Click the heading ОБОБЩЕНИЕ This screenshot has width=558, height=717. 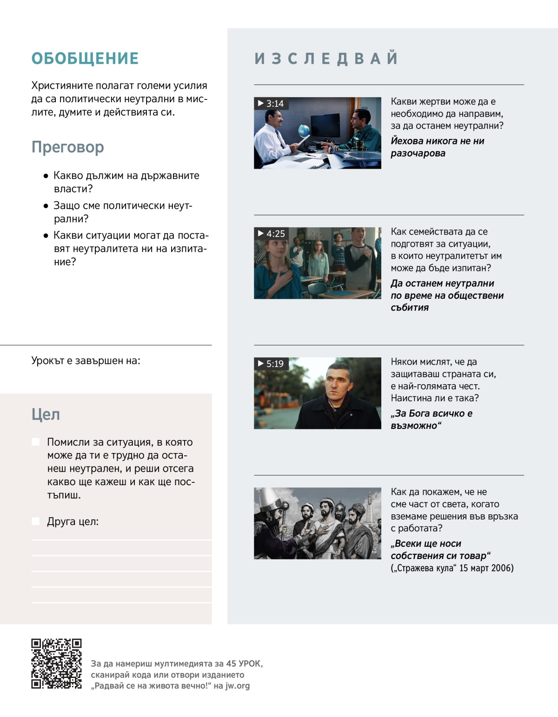click(85, 59)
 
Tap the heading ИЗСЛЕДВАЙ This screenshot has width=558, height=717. click(326, 59)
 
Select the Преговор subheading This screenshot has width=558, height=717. click(68, 147)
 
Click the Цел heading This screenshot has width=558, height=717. click(46, 414)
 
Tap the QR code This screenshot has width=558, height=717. click(56, 664)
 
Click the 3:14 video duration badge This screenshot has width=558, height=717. click(271, 103)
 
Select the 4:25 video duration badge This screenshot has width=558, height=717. click(271, 233)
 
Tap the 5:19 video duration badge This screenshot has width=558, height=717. click(271, 363)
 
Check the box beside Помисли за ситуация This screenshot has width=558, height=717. click(36, 442)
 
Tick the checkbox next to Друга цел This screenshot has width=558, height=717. click(36, 521)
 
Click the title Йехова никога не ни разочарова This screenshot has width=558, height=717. click(437, 147)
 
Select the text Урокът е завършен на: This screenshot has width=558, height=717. click(86, 361)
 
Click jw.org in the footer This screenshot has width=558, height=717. click(238, 686)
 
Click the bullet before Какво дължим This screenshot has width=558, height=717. click(46, 176)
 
